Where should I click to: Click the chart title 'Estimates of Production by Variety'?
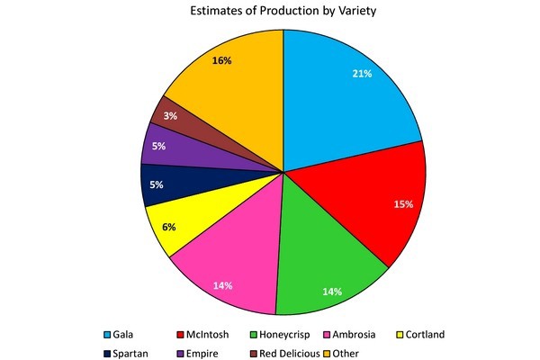click(x=283, y=13)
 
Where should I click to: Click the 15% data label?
click(x=402, y=204)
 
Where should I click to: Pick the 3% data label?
click(x=167, y=116)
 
